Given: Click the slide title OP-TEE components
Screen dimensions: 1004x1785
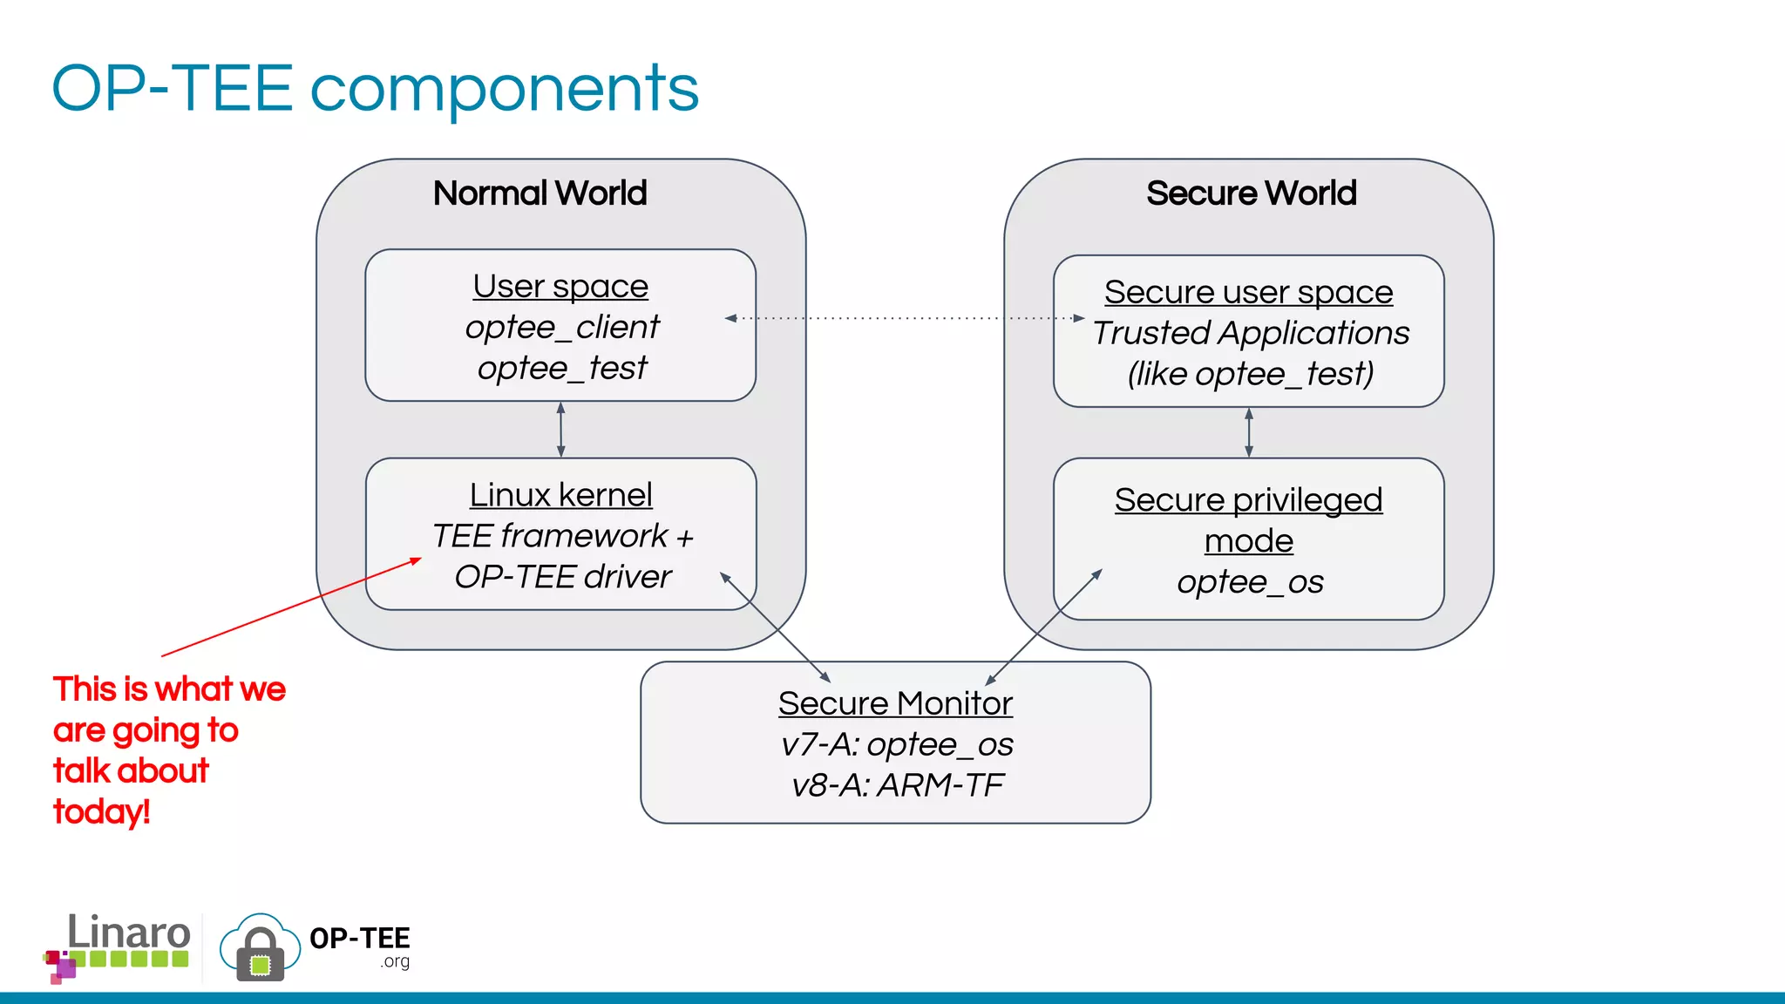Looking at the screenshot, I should [375, 89].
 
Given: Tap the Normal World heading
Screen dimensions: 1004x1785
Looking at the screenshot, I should [540, 193].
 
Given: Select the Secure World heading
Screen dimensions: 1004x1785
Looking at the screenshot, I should [1251, 193].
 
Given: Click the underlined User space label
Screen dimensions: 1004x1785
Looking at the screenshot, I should [560, 286].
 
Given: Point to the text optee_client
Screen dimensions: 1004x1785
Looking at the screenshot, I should [562, 327].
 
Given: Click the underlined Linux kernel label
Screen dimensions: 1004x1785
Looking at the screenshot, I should [560, 495].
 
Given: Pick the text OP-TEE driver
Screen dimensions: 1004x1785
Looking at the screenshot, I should [562, 577].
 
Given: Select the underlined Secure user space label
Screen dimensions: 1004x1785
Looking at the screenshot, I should [1248, 292].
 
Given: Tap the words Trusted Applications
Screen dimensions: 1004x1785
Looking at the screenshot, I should [1251, 333].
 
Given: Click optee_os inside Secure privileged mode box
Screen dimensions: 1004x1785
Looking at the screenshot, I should [1250, 582].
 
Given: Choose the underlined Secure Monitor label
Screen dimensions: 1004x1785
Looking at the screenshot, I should [895, 703].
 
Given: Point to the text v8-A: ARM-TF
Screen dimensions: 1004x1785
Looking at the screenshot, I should [897, 785].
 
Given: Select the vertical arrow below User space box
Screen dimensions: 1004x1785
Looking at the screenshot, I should [560, 430].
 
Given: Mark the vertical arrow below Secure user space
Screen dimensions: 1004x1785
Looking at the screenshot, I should [1249, 432].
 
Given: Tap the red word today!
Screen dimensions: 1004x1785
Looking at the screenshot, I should [102, 812].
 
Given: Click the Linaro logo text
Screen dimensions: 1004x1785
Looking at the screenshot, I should [128, 933].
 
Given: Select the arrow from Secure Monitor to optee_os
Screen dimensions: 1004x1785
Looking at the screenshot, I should [1043, 627].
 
